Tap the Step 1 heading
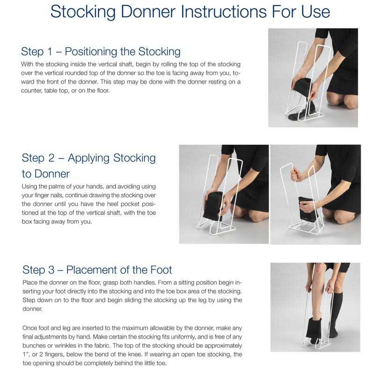click(x=101, y=51)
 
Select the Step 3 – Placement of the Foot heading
click(x=97, y=270)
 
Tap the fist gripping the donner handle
click(x=294, y=174)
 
